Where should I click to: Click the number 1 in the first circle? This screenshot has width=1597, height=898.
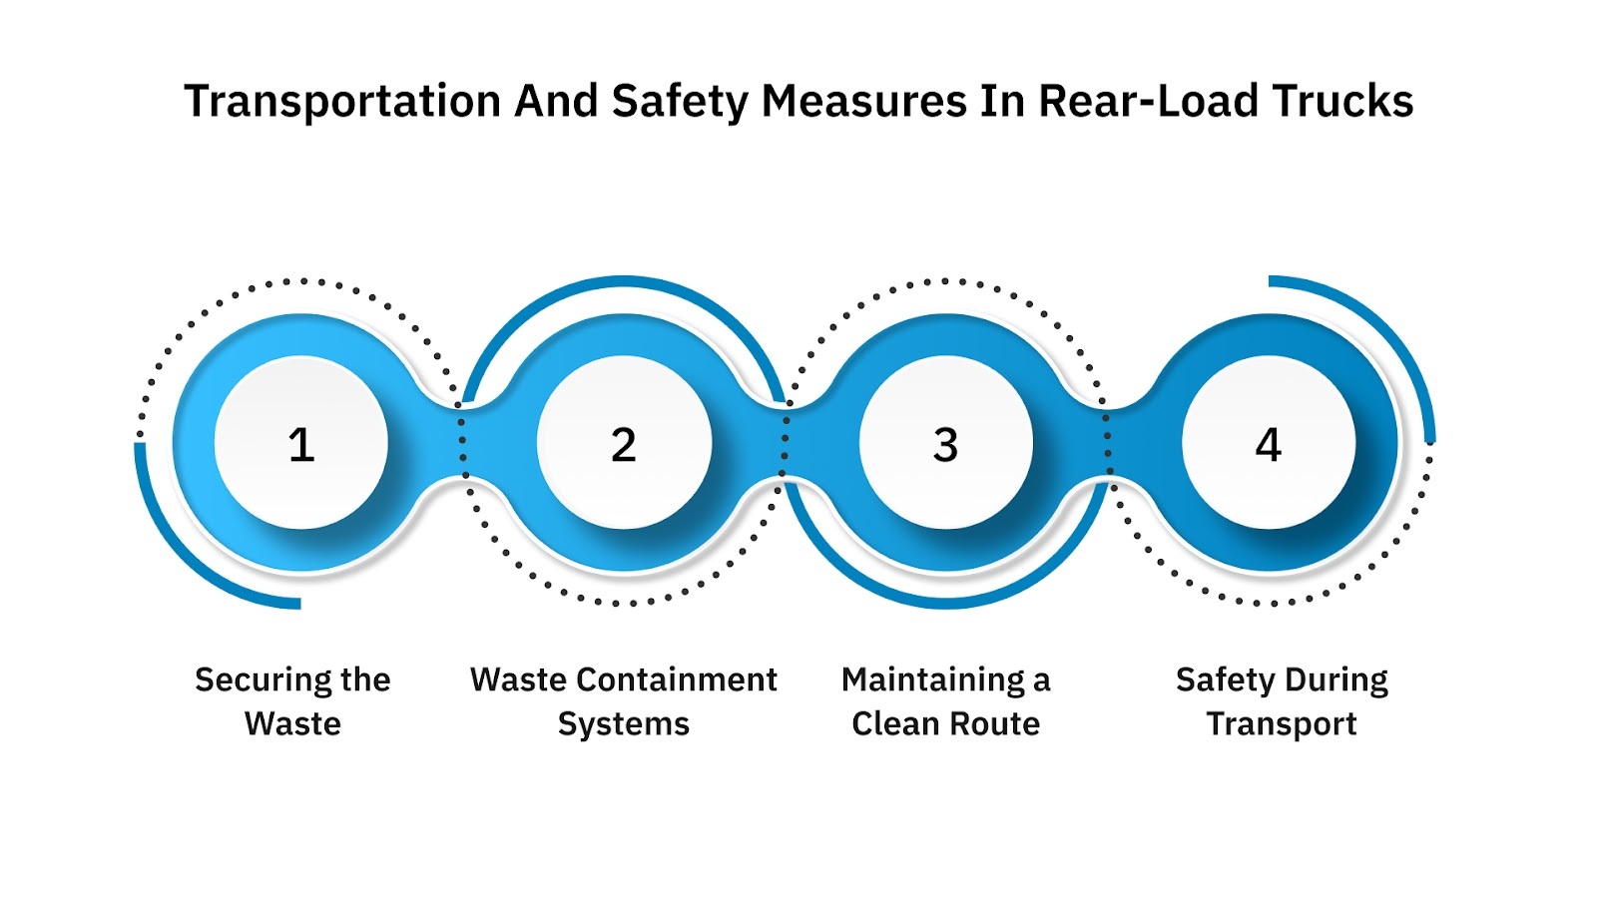pyautogui.click(x=301, y=445)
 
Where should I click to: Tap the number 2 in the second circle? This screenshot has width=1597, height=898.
pyautogui.click(x=624, y=445)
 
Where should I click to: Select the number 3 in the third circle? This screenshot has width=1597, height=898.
pyautogui.click(x=945, y=445)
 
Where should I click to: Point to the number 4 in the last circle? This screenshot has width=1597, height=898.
pyautogui.click(x=1268, y=445)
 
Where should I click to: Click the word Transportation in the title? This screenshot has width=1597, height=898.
pyautogui.click(x=342, y=102)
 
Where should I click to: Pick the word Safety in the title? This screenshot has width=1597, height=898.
pyautogui.click(x=680, y=102)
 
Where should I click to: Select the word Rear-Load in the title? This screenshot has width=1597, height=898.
pyautogui.click(x=1149, y=102)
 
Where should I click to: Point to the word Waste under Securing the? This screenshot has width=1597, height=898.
pyautogui.click(x=292, y=723)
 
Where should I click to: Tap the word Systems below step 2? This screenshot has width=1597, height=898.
pyautogui.click(x=624, y=723)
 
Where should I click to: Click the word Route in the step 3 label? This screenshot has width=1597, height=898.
pyautogui.click(x=997, y=723)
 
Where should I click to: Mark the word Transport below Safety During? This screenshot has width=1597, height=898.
pyautogui.click(x=1282, y=724)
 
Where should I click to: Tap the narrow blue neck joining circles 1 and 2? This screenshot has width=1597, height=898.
pyautogui.click(x=462, y=442)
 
